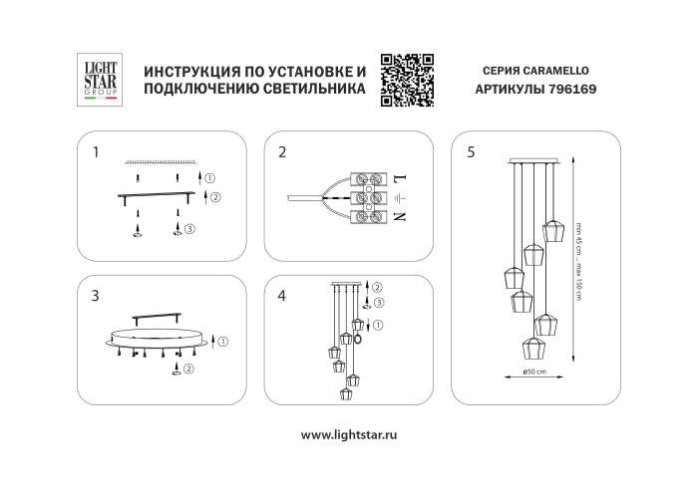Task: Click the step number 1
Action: [95, 152]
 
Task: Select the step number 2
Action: [283, 152]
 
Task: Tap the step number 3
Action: [95, 295]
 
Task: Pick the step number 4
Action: [283, 295]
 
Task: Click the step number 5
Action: [471, 152]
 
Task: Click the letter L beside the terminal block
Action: [399, 178]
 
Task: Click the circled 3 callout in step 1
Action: [189, 229]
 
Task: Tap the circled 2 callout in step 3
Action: [189, 369]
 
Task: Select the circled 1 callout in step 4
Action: [378, 325]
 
